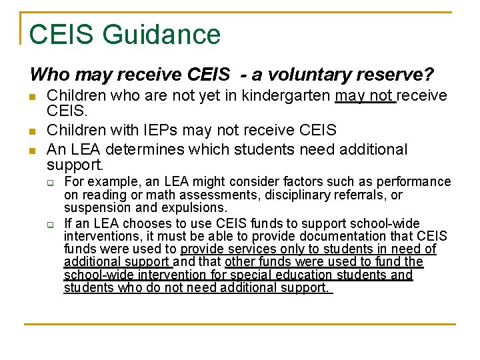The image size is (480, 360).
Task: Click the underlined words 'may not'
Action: (x=365, y=96)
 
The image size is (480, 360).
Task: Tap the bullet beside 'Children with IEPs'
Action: (x=34, y=130)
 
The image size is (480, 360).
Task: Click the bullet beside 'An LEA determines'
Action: (x=34, y=150)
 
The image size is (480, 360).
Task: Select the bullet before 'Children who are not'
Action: (x=34, y=97)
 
